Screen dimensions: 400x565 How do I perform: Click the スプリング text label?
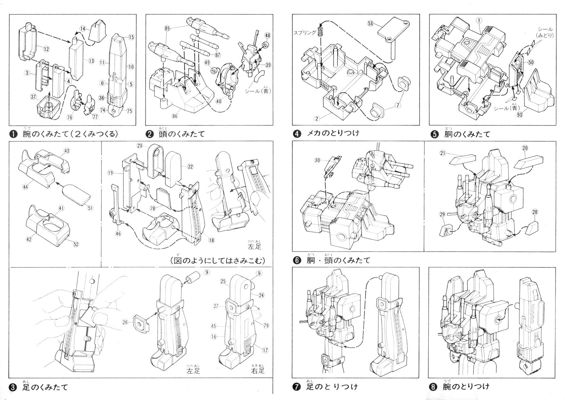click(x=305, y=33)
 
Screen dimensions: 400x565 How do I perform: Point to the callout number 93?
click(x=519, y=115)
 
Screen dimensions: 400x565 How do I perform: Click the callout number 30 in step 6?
click(x=317, y=160)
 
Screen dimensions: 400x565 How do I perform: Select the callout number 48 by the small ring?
click(x=267, y=35)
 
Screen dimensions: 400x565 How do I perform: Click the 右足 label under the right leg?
click(x=258, y=371)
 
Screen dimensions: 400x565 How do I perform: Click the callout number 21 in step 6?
click(x=443, y=153)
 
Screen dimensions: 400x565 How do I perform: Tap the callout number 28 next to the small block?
click(x=535, y=212)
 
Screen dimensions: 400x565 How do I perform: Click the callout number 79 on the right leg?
click(x=266, y=326)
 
